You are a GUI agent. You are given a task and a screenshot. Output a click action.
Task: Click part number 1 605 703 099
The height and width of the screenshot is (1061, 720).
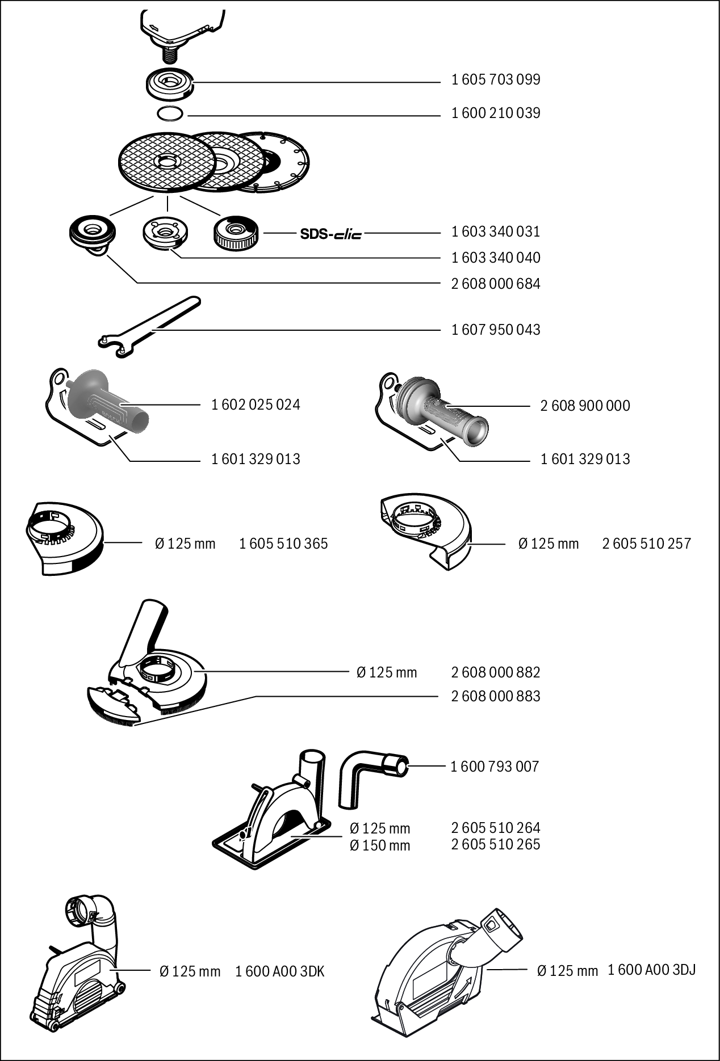(495, 79)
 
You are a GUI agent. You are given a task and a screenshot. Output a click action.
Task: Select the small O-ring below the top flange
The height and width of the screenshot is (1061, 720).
(170, 113)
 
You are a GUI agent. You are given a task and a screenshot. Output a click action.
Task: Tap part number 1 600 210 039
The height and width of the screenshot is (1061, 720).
(495, 113)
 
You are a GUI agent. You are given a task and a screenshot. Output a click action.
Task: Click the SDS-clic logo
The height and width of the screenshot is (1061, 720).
(330, 233)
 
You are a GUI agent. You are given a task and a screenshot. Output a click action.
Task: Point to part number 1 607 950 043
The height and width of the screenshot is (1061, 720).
(495, 330)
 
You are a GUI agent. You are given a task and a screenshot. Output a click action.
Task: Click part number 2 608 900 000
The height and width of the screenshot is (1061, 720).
(585, 406)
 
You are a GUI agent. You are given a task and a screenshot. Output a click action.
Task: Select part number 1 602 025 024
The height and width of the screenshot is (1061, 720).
(256, 405)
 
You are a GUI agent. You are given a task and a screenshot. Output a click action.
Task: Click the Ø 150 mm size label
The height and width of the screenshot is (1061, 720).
(380, 845)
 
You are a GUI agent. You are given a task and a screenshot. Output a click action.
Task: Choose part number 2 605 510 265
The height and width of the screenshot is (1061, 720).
(495, 844)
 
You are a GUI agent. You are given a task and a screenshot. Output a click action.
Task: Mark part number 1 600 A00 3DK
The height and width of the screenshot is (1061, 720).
(279, 971)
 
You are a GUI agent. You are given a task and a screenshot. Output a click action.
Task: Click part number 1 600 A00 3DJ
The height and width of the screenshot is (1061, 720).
(651, 970)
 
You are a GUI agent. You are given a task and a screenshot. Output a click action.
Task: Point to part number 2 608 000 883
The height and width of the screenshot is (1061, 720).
(495, 696)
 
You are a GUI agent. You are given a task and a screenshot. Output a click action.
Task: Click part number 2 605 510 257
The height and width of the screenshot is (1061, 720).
(646, 544)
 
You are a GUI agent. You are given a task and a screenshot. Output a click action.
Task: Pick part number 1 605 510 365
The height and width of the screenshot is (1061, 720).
(283, 544)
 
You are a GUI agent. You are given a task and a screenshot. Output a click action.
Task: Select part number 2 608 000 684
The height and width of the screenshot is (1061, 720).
(495, 283)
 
